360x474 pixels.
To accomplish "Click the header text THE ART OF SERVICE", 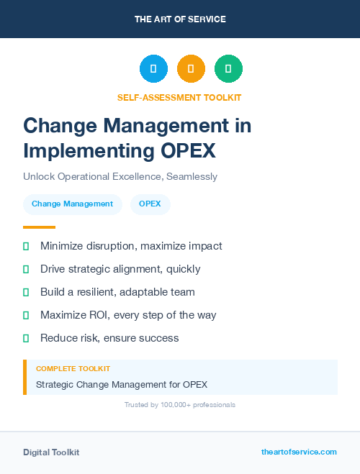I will tap(180, 19).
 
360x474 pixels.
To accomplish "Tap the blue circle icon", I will tap(153, 69).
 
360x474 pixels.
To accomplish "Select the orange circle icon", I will tap(191, 69).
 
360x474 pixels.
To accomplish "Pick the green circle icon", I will tap(228, 69).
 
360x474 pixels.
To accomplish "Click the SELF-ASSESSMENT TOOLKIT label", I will tap(179, 97).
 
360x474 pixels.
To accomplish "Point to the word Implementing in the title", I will tap(81, 151).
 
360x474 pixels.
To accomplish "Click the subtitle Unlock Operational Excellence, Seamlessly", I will tap(120, 176).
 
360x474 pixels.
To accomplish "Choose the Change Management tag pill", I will tap(72, 204).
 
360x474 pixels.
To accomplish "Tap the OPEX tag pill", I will tap(150, 204).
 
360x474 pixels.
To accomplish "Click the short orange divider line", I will tap(39, 227).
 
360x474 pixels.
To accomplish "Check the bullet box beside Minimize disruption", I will tap(26, 246).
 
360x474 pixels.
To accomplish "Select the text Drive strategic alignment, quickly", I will tap(120, 269).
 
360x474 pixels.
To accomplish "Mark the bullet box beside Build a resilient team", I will tap(26, 292).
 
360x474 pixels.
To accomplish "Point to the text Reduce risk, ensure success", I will tap(109, 338).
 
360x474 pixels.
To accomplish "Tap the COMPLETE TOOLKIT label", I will tap(73, 368).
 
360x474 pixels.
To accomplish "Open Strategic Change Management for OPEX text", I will tap(122, 384).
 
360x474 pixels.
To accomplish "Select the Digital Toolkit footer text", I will tap(51, 452).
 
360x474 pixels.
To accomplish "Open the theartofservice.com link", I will tap(299, 452).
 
